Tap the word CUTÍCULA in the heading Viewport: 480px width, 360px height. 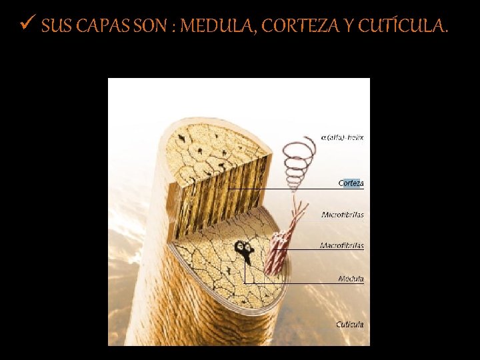tap(402, 27)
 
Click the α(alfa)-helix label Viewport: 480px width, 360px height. tap(342, 137)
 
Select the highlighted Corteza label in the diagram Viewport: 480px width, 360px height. tap(351, 183)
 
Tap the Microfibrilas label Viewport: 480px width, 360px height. tap(343, 215)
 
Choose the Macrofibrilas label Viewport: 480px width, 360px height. tap(342, 246)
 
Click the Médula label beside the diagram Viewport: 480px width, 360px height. tap(351, 279)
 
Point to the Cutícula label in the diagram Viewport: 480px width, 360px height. tap(349, 325)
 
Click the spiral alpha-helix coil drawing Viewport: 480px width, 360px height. tap(295, 163)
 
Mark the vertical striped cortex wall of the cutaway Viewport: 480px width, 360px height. tap(220, 193)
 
